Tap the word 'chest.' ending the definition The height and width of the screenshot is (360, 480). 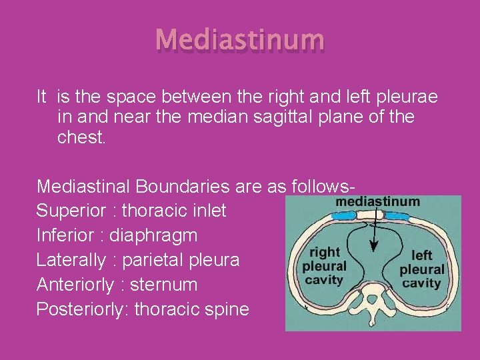[81, 137]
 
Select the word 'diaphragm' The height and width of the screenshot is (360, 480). [153, 236]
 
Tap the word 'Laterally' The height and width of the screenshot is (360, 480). [71, 261]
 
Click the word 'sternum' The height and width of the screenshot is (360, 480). [164, 285]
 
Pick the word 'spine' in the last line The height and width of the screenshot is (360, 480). [226, 310]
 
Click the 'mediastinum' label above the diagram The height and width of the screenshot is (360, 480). [377, 201]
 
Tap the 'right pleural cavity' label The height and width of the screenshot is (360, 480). [324, 266]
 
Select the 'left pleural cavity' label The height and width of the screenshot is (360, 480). [421, 269]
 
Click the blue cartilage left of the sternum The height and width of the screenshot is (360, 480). [345, 216]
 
